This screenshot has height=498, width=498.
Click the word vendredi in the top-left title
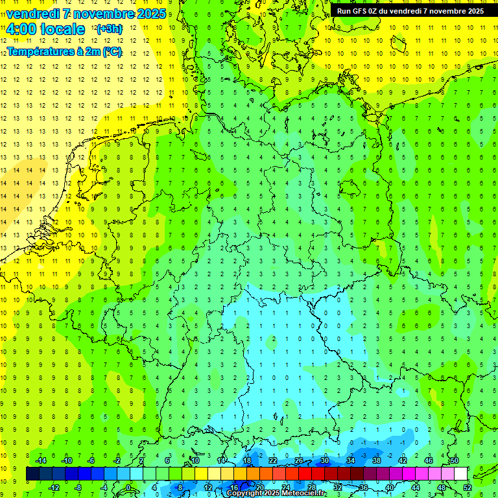(x=32, y=14)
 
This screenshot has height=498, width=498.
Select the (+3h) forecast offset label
(x=109, y=29)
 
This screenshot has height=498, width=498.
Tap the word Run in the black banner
(x=344, y=11)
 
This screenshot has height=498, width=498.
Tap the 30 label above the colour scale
(x=325, y=460)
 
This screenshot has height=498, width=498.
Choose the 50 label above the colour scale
(x=455, y=460)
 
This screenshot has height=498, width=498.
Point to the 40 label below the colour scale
(x=390, y=488)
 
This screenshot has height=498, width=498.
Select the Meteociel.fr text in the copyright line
(x=303, y=493)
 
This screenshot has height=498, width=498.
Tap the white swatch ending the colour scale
(x=461, y=474)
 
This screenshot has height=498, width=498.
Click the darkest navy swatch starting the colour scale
(x=32, y=474)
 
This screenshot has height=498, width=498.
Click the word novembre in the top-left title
(x=101, y=14)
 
